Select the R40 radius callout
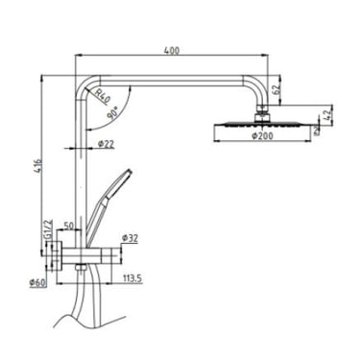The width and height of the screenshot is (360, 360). coord(102,95)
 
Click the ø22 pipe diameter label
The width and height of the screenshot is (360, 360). coord(107,144)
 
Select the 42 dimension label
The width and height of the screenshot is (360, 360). coord(329,117)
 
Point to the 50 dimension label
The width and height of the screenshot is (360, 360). coord(69,227)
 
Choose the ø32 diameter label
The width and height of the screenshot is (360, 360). coord(132,236)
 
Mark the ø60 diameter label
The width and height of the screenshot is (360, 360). coord(36,281)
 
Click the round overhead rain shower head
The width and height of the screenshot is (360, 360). coord(259,124)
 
